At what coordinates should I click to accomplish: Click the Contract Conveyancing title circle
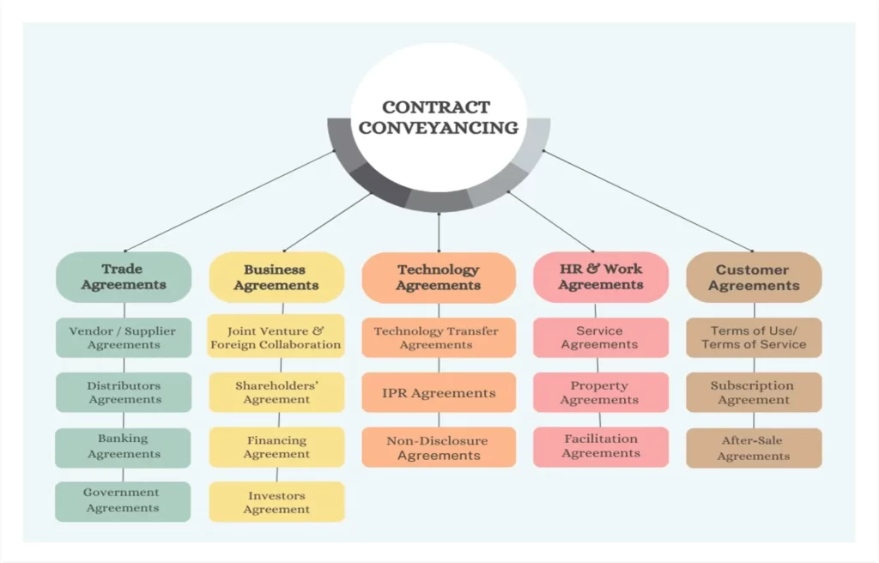tap(439, 118)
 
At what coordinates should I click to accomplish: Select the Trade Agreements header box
tap(124, 277)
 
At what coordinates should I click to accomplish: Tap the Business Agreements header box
tap(276, 277)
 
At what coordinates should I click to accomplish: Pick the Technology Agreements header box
tap(439, 277)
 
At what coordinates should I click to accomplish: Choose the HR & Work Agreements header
tap(600, 277)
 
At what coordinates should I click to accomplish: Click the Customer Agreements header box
tap(754, 277)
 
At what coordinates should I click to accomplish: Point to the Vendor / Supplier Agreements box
tap(124, 337)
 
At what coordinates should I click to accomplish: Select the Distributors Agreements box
tap(124, 392)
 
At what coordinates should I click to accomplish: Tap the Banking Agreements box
tap(123, 447)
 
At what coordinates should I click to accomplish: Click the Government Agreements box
tap(123, 501)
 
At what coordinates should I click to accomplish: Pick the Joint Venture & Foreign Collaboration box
tap(276, 336)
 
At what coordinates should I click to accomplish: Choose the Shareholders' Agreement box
tap(276, 392)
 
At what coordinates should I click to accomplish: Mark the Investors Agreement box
tap(276, 502)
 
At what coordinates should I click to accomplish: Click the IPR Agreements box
tap(439, 392)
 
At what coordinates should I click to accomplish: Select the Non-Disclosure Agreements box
tap(439, 447)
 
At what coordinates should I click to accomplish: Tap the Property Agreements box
tap(600, 392)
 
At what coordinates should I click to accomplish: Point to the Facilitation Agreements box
tap(600, 447)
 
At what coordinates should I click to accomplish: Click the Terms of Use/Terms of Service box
tap(754, 337)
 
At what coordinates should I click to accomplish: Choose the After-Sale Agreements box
tap(754, 448)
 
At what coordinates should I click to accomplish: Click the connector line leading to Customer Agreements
tap(647, 201)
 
